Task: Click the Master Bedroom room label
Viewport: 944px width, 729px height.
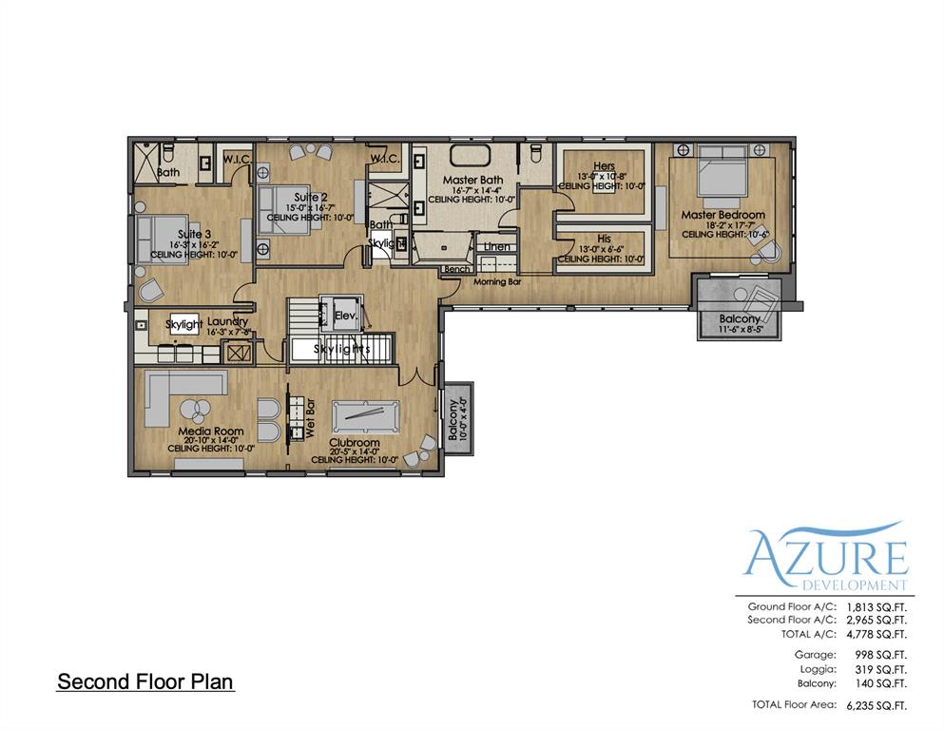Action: (x=722, y=215)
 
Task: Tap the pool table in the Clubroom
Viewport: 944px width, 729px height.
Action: (x=365, y=415)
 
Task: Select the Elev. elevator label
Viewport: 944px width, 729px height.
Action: (x=344, y=315)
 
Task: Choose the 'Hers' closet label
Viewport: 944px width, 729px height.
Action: (x=604, y=166)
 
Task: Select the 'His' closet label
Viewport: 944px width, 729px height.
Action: (x=604, y=239)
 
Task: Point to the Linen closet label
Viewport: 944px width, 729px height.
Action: (x=497, y=247)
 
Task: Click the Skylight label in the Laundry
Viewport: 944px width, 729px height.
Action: (x=183, y=324)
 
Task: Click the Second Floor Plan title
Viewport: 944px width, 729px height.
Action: (x=144, y=681)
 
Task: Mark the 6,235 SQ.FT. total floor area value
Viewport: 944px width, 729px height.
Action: (x=876, y=705)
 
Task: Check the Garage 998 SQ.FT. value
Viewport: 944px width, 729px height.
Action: (x=877, y=655)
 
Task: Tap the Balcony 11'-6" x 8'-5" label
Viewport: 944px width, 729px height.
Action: (x=740, y=319)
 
